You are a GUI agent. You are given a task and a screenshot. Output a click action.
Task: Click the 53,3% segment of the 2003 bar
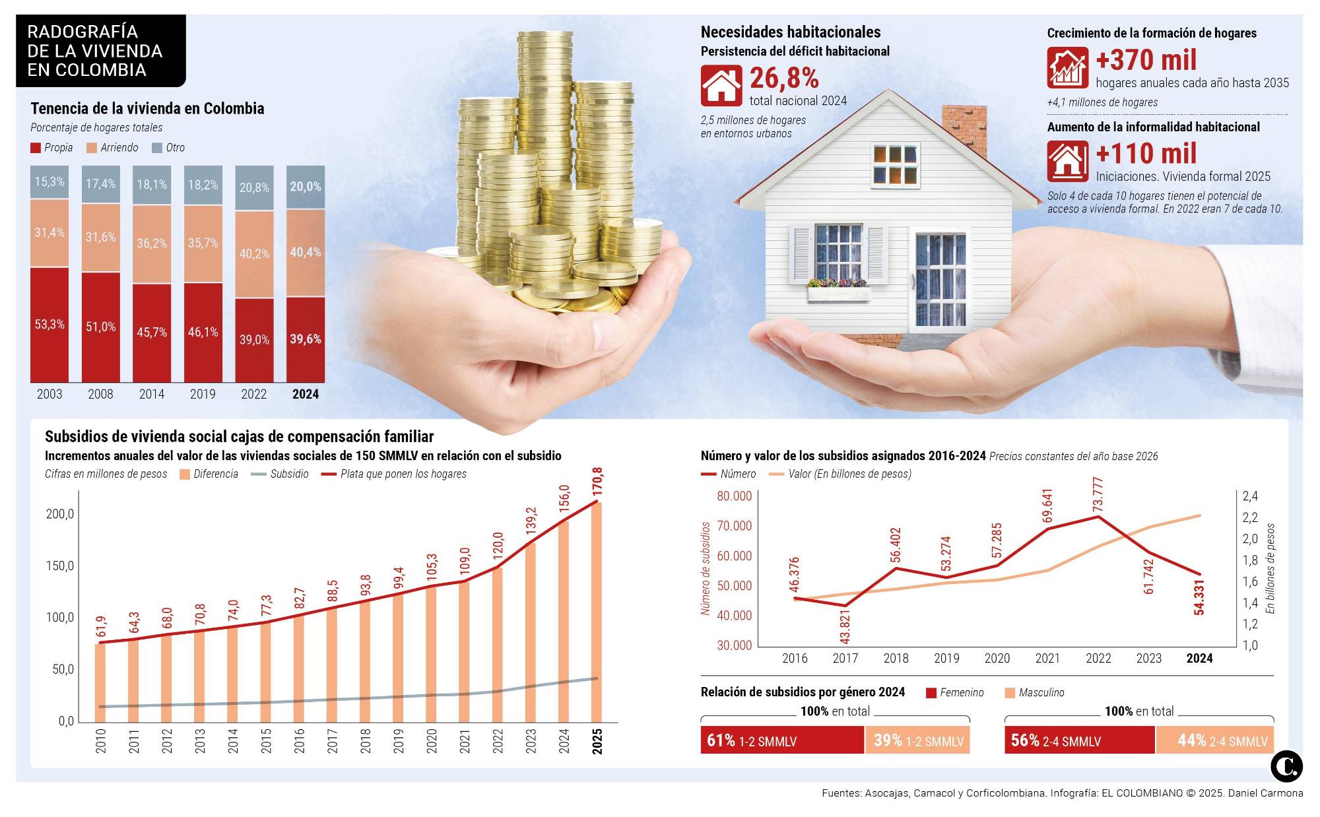(x=49, y=324)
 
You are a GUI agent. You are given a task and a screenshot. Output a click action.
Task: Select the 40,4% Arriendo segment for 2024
(x=306, y=253)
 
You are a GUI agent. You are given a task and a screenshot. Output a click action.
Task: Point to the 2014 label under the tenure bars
(x=152, y=394)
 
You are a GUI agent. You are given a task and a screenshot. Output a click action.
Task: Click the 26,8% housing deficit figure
(x=784, y=79)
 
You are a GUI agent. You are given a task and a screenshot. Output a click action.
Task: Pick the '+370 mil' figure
(x=1146, y=61)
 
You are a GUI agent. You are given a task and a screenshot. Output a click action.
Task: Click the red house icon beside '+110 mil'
(x=1067, y=162)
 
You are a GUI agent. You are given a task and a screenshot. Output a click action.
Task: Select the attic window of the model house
(x=894, y=164)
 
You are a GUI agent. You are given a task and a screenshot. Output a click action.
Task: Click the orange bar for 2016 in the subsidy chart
(x=299, y=667)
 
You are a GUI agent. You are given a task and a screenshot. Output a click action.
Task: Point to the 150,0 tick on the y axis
(x=60, y=566)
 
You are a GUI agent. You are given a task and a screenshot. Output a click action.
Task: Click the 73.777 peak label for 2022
(x=1098, y=494)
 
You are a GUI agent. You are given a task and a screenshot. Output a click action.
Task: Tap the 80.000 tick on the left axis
(x=734, y=496)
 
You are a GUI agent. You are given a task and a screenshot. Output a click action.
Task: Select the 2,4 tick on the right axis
(x=1250, y=496)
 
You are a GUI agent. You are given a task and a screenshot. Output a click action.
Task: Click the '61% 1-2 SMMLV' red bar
(x=781, y=740)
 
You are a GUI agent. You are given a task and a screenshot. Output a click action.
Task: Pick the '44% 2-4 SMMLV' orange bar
(x=1214, y=740)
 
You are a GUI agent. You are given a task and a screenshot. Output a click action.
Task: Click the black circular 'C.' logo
(x=1286, y=767)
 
